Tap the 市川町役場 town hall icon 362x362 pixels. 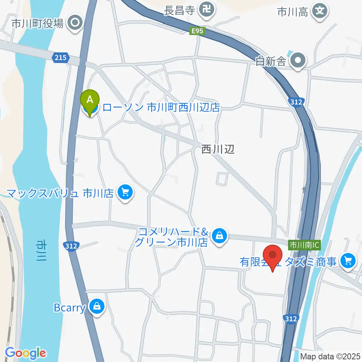[x=75, y=23]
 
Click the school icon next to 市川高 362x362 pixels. [x=320, y=11]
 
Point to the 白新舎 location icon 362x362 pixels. [x=299, y=60]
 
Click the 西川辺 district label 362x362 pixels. [x=218, y=150]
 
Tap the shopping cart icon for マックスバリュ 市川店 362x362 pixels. [x=125, y=193]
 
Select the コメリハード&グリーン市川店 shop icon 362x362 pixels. [x=219, y=236]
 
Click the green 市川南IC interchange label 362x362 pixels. [x=304, y=245]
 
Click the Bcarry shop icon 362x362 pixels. [x=97, y=307]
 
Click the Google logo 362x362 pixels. [x=25, y=353]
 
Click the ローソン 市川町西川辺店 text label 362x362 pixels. [x=161, y=107]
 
